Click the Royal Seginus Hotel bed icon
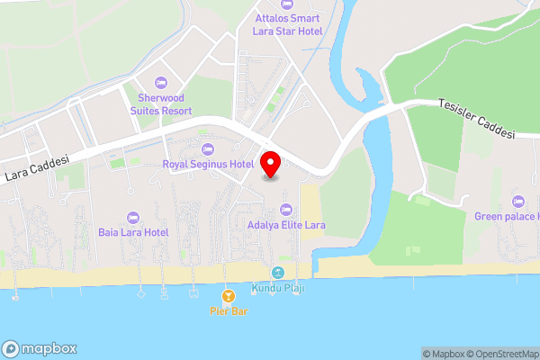tap(208, 148)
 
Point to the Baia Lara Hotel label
tap(133, 232)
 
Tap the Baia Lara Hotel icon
tap(133, 216)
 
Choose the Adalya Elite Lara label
tap(286, 225)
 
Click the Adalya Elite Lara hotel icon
tap(286, 209)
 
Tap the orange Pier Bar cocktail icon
tap(228, 295)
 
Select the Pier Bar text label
tap(228, 311)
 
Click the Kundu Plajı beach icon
tap(278, 272)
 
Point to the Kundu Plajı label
tap(278, 287)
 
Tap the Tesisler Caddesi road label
tap(476, 118)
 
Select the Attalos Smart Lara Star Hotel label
tap(290, 25)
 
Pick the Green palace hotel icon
tap(517, 200)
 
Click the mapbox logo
tap(40, 349)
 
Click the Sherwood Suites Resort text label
tap(161, 103)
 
